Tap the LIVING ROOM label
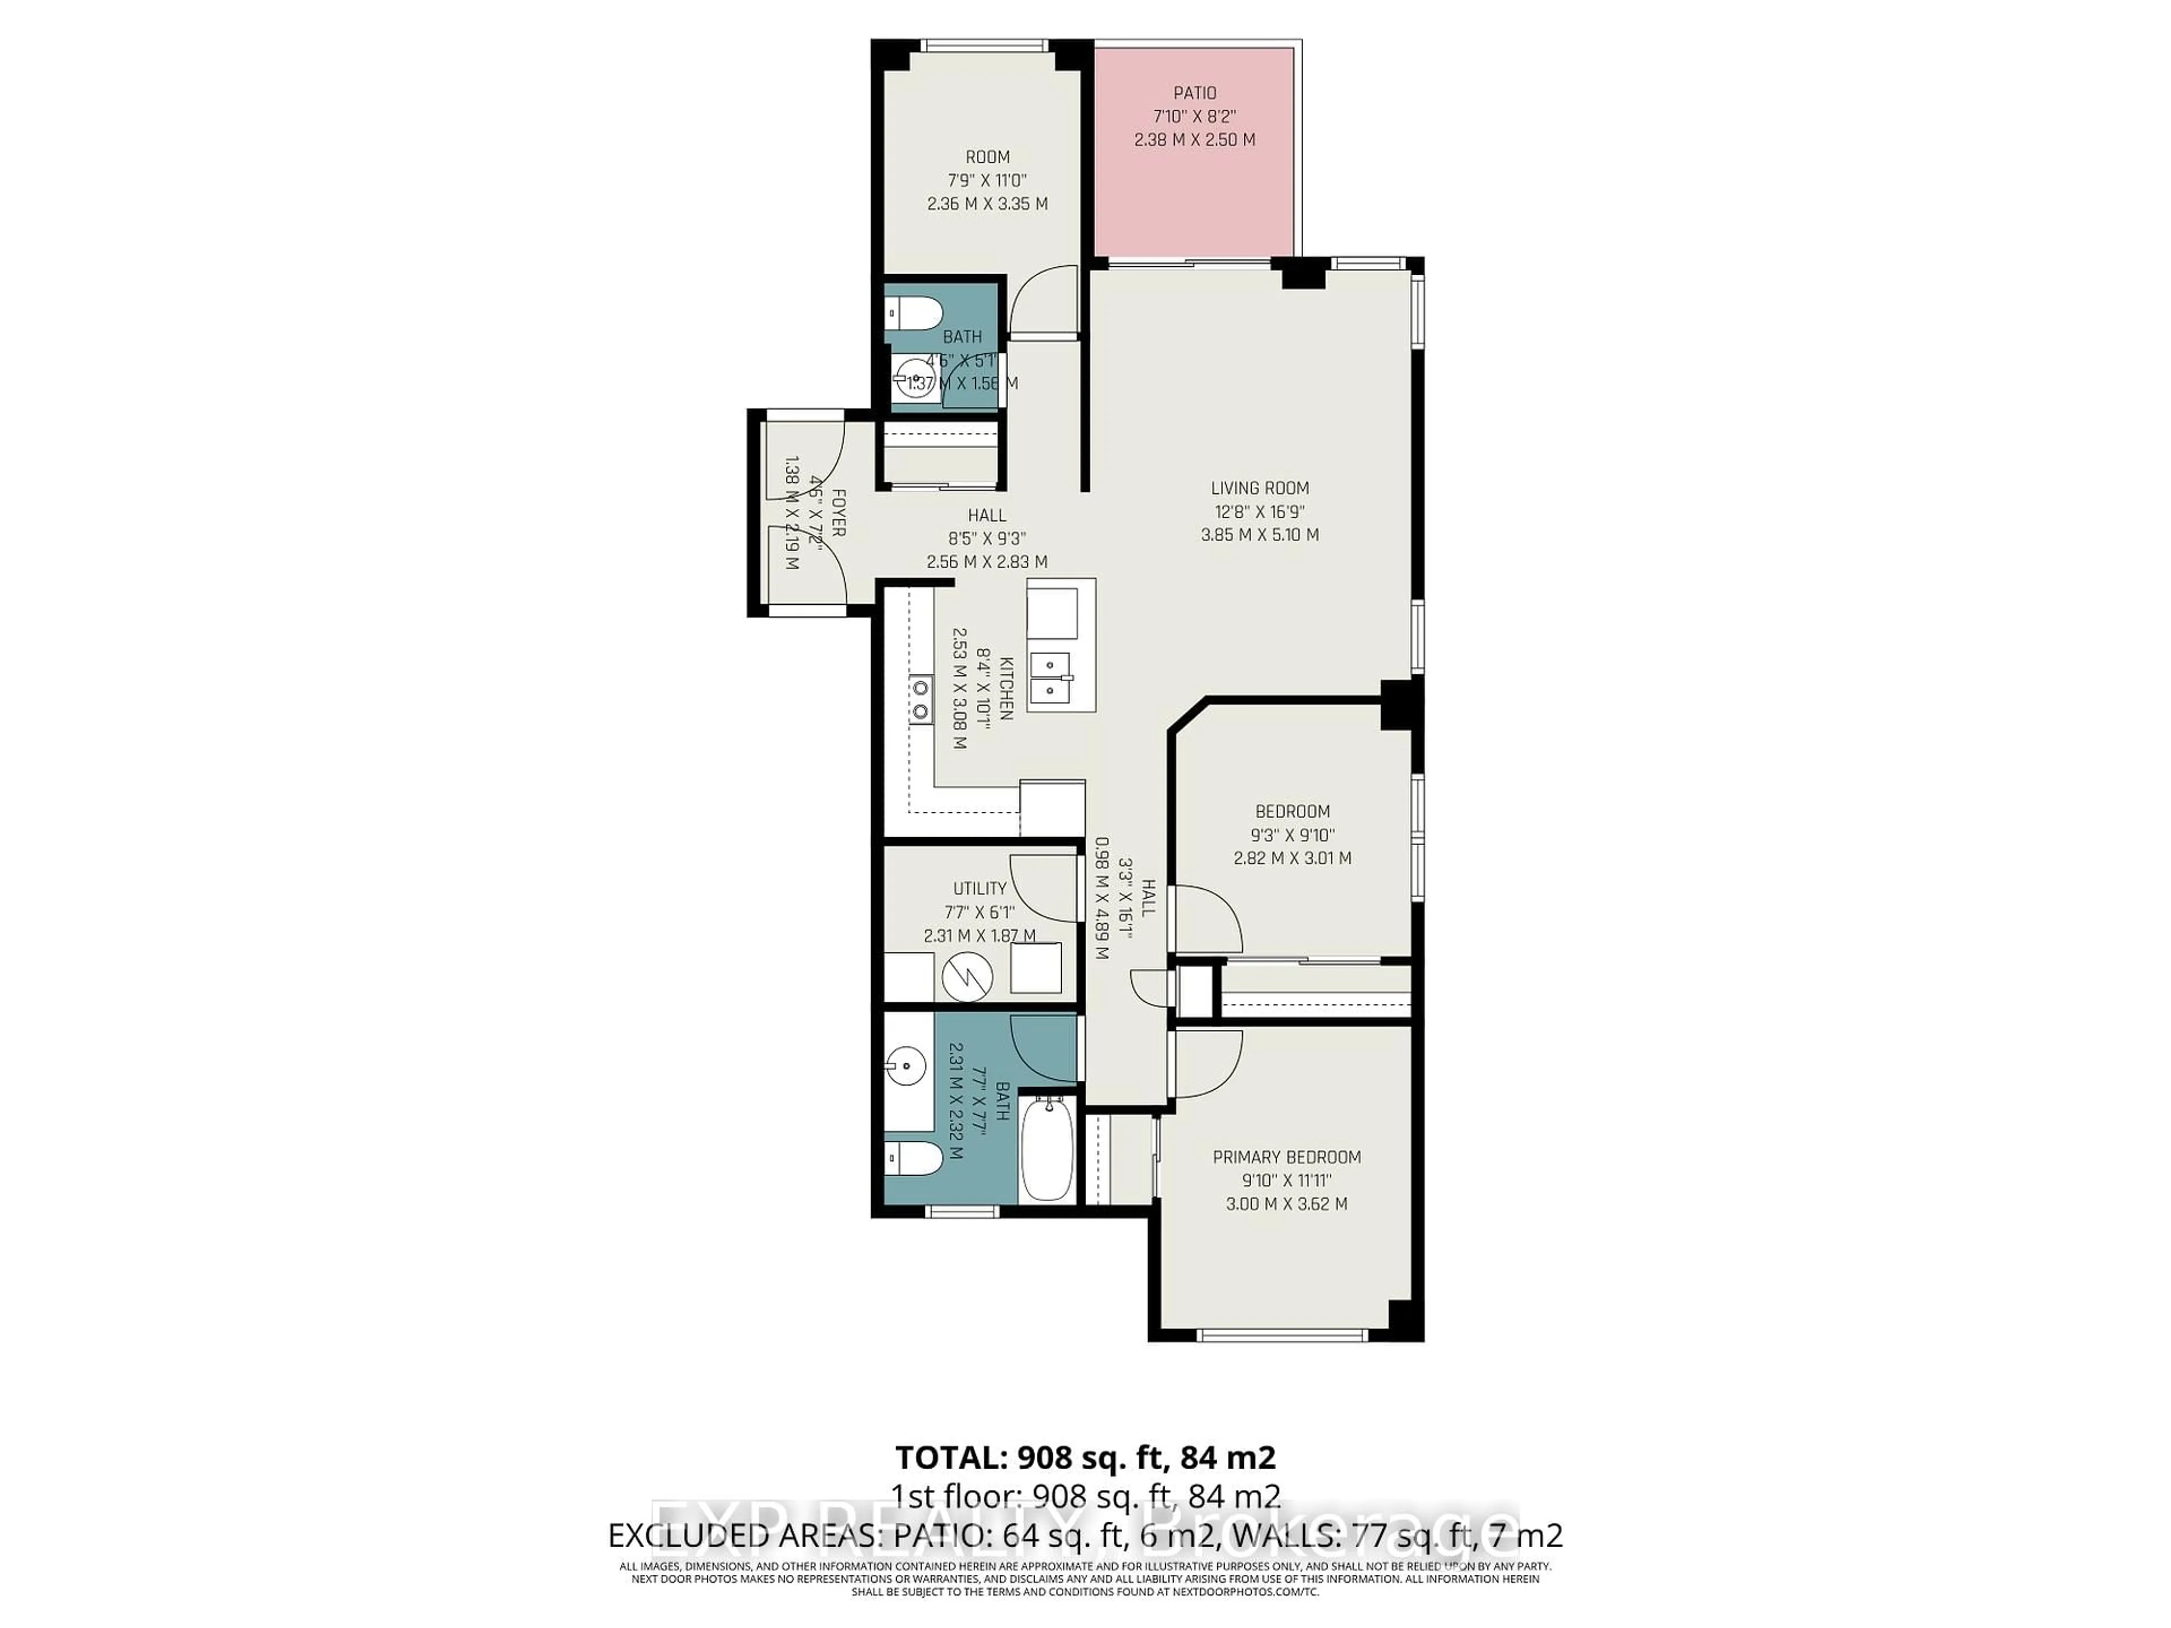coord(1259,488)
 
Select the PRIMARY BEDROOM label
coord(1286,1157)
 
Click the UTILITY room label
coord(980,888)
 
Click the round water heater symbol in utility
coord(968,975)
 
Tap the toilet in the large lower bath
coord(912,1158)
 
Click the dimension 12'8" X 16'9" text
coord(1259,511)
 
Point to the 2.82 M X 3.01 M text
coord(1292,858)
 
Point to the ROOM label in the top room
coord(987,157)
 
